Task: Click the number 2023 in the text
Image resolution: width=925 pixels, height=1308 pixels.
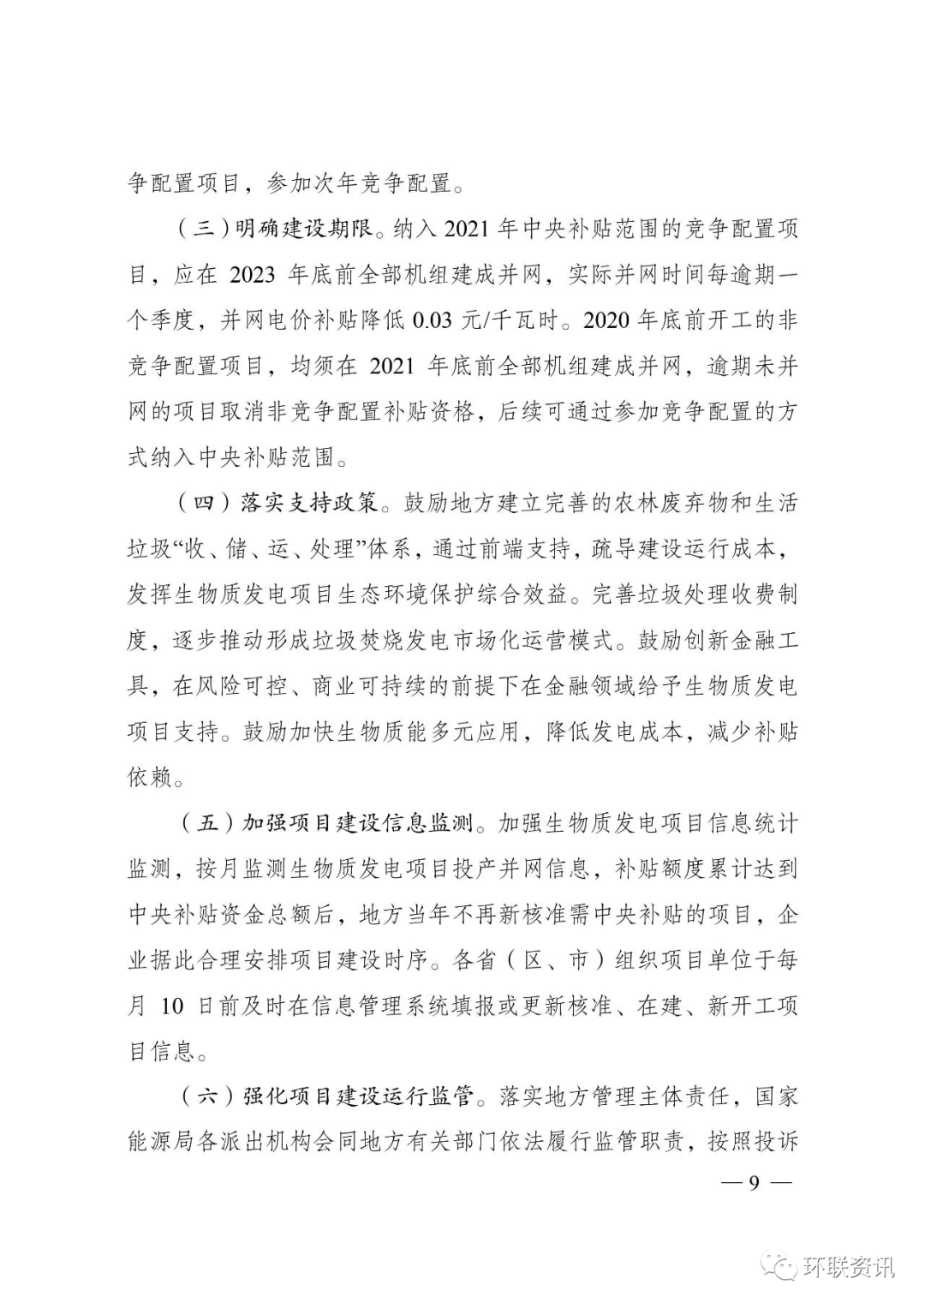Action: click(x=253, y=275)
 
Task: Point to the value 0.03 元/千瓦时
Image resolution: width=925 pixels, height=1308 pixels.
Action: click(x=486, y=320)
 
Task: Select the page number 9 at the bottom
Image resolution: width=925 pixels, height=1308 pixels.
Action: click(x=755, y=1183)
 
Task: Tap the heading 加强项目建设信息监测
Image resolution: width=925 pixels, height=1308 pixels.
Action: click(x=359, y=824)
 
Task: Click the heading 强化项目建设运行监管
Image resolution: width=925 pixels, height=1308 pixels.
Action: click(x=359, y=1096)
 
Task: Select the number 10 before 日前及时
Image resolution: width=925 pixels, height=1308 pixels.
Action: click(x=172, y=1006)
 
